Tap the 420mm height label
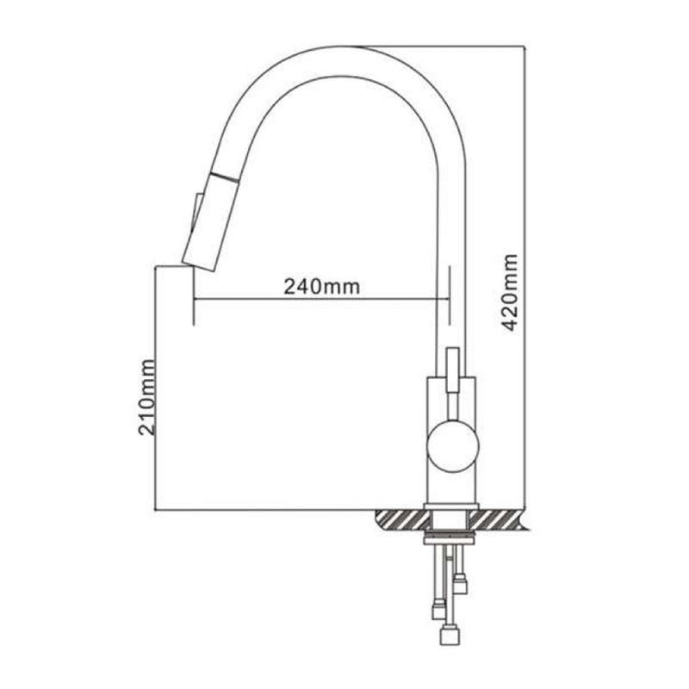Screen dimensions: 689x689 tap(509, 294)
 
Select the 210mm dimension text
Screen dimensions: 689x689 tap(147, 397)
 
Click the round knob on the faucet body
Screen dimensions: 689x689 tap(452, 445)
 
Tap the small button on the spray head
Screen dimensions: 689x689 tap(196, 212)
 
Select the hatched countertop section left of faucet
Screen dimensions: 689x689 tap(401, 519)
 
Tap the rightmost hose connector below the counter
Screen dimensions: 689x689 tap(462, 586)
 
